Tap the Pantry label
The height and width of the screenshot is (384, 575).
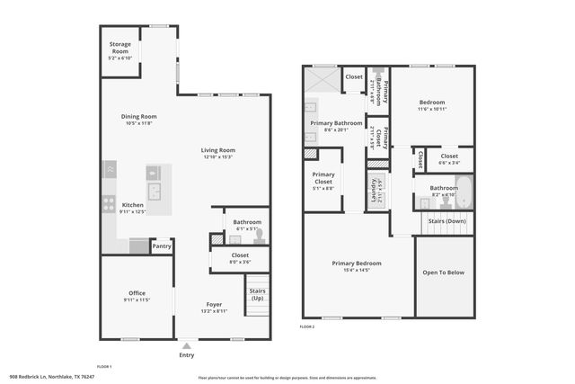click(162, 246)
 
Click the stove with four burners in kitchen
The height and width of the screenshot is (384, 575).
click(108, 203)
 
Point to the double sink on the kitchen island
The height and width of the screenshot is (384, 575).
click(155, 191)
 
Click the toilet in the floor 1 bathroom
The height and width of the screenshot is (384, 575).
click(259, 237)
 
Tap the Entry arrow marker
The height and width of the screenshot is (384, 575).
click(187, 345)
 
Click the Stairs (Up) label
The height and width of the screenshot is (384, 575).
click(258, 294)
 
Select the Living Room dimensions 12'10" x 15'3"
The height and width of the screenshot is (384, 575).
click(217, 157)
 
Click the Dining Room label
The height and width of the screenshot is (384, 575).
click(139, 116)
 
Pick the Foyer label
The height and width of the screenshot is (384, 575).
click(214, 304)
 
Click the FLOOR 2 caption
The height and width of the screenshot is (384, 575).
click(308, 326)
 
